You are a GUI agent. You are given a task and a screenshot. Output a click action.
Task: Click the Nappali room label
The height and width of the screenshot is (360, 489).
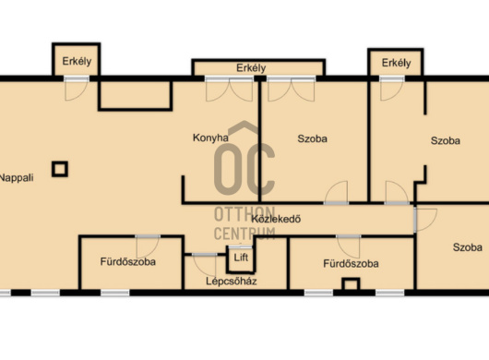[x=17, y=178]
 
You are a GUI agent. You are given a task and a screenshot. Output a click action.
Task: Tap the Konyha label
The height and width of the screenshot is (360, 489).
[x=210, y=138]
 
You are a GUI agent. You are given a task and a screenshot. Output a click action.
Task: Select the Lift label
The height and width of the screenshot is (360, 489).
[x=241, y=258]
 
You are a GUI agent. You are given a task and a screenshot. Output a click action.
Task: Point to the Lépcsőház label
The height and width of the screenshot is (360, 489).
[x=232, y=281]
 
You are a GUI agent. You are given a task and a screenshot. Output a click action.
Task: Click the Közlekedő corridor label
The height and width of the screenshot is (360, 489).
[x=276, y=219]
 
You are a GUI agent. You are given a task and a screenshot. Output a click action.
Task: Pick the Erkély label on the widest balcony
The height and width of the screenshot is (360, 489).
[x=251, y=68]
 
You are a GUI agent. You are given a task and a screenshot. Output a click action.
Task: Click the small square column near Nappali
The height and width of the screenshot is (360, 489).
[x=60, y=169]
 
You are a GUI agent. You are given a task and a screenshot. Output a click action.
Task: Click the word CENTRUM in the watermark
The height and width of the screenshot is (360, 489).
[x=244, y=234]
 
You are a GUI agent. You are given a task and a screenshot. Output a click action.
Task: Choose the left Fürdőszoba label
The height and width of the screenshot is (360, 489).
[x=128, y=261]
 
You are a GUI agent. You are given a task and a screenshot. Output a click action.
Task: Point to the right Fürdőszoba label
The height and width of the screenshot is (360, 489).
[x=351, y=264]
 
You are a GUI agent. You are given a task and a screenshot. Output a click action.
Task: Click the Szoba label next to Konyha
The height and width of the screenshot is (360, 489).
[x=312, y=138]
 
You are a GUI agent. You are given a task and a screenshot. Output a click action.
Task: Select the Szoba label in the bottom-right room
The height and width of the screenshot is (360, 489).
[x=468, y=247]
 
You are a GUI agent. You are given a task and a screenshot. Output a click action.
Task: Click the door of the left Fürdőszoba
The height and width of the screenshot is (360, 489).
[x=148, y=246]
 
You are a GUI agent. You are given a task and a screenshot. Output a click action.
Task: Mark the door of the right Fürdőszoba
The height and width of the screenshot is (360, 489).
[x=349, y=246]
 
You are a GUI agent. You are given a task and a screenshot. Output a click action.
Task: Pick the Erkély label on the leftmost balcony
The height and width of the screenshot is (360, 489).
[x=77, y=61]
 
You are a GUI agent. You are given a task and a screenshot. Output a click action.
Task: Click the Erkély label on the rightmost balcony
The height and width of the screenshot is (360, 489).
[x=396, y=63]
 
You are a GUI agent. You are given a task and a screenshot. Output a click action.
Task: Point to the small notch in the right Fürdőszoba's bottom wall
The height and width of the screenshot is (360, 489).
[x=351, y=283]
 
